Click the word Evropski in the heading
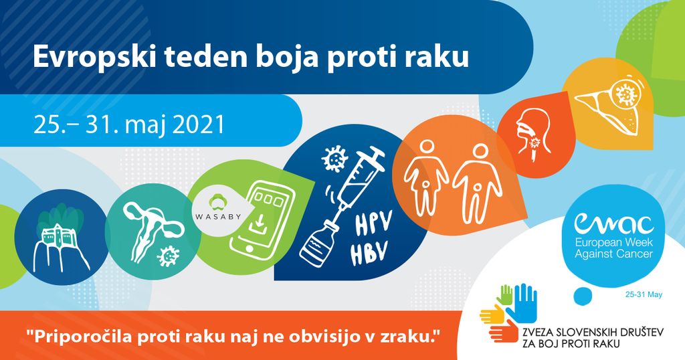(94, 57)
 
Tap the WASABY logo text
(218, 216)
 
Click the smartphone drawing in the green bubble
(262, 217)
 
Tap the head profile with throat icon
(533, 133)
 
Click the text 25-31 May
(644, 295)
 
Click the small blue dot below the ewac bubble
(582, 295)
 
